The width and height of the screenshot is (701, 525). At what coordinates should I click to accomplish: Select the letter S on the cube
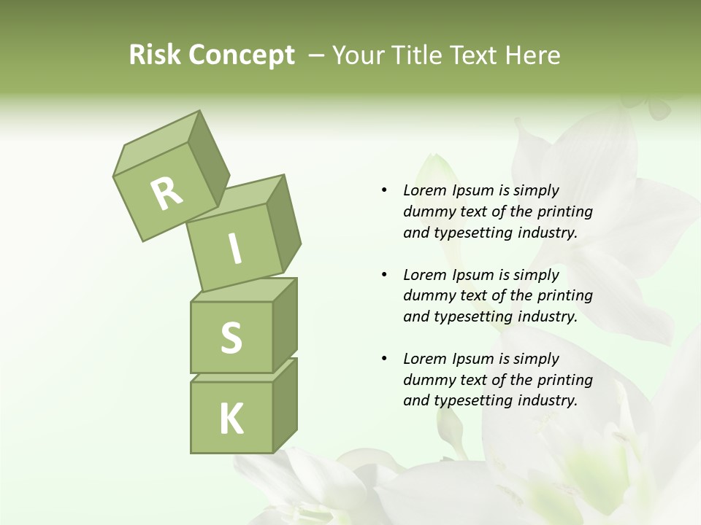(231, 338)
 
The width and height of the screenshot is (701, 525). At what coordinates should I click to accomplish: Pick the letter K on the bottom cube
(231, 419)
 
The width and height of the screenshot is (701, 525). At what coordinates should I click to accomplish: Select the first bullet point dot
(384, 190)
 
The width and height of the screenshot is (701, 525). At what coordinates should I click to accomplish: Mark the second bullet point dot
(384, 275)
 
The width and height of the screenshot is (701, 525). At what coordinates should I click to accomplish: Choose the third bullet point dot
(384, 359)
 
